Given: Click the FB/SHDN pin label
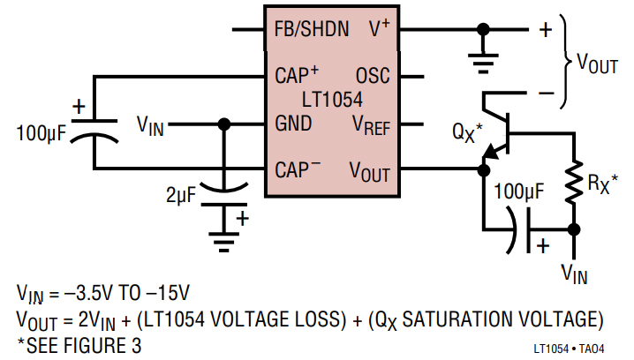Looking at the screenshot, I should (x=312, y=30).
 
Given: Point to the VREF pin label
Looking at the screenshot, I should (x=371, y=125).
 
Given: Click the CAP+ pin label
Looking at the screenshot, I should (x=297, y=76).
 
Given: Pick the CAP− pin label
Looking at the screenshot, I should (x=297, y=168).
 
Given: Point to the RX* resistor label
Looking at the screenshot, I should (x=602, y=184).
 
